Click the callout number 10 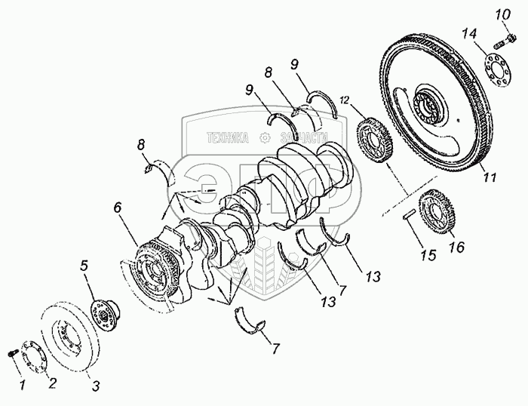[x=502, y=14]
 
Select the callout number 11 [x=490, y=178]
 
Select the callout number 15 [x=428, y=255]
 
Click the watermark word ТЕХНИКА [x=227, y=139]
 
